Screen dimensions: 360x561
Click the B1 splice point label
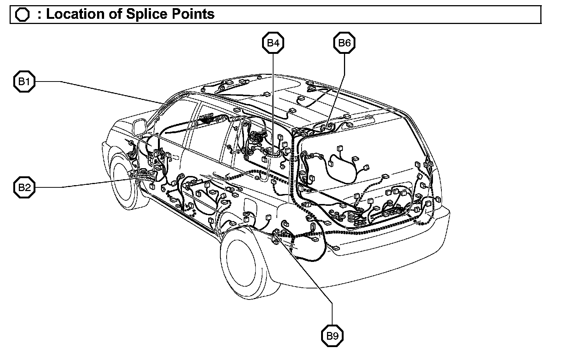[x=24, y=81]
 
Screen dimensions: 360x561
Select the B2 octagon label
[x=24, y=187]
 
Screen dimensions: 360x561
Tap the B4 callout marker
[x=273, y=43]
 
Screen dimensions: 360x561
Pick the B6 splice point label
[x=344, y=43]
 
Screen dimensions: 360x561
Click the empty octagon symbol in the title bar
[x=23, y=15]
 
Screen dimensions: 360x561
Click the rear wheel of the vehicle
[x=242, y=260]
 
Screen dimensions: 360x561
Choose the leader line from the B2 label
[x=92, y=183]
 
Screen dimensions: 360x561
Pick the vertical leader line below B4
[x=273, y=100]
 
